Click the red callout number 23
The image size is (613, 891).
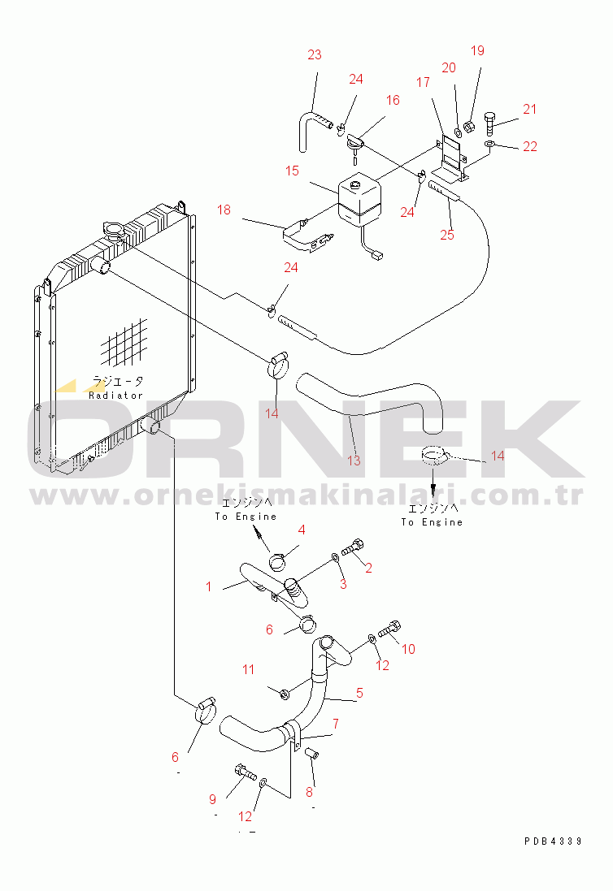coord(315,54)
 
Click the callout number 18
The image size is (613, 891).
coord(224,210)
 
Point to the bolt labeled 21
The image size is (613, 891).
coord(490,123)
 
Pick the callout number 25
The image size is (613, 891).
coord(447,235)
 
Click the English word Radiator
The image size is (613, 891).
coord(115,395)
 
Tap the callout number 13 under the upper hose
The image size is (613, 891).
coord(354,461)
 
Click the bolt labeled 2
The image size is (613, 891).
coord(352,547)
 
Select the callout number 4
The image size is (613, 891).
coord(302,530)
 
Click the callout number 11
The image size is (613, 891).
coord(248,669)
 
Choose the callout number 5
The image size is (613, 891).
coord(359,693)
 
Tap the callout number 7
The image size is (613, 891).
coord(336,724)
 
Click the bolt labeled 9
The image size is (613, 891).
coord(245,773)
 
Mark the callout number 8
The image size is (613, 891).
coord(309,792)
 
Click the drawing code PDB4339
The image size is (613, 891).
coord(553,841)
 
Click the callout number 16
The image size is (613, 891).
coord(393,100)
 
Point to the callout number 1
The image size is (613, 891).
coord(209,586)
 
